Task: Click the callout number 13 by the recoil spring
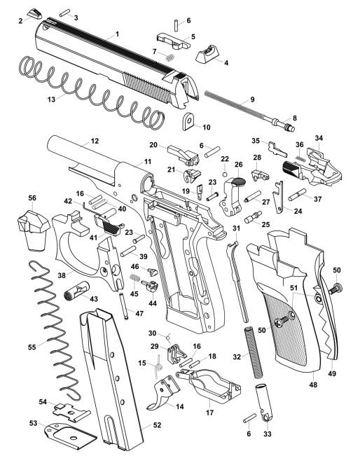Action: [51, 100]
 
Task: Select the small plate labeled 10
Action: [188, 125]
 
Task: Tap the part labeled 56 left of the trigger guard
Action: [32, 228]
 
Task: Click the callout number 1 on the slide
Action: [117, 33]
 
